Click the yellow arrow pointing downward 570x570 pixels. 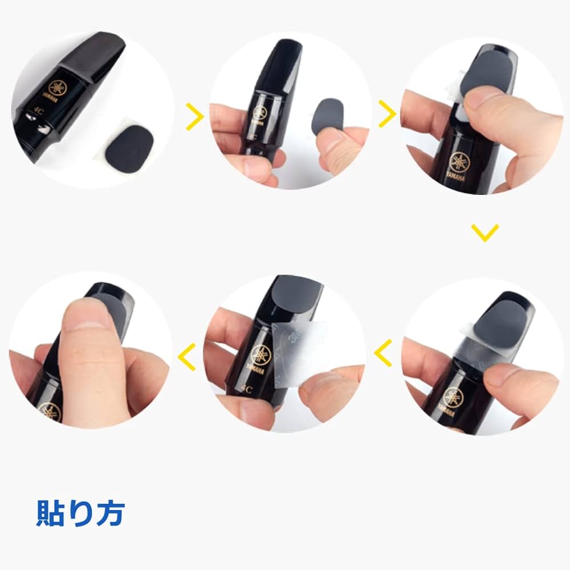[x=485, y=232]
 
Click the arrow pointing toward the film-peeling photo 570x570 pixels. [x=383, y=353]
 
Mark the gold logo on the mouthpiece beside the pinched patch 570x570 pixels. [x=260, y=111]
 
